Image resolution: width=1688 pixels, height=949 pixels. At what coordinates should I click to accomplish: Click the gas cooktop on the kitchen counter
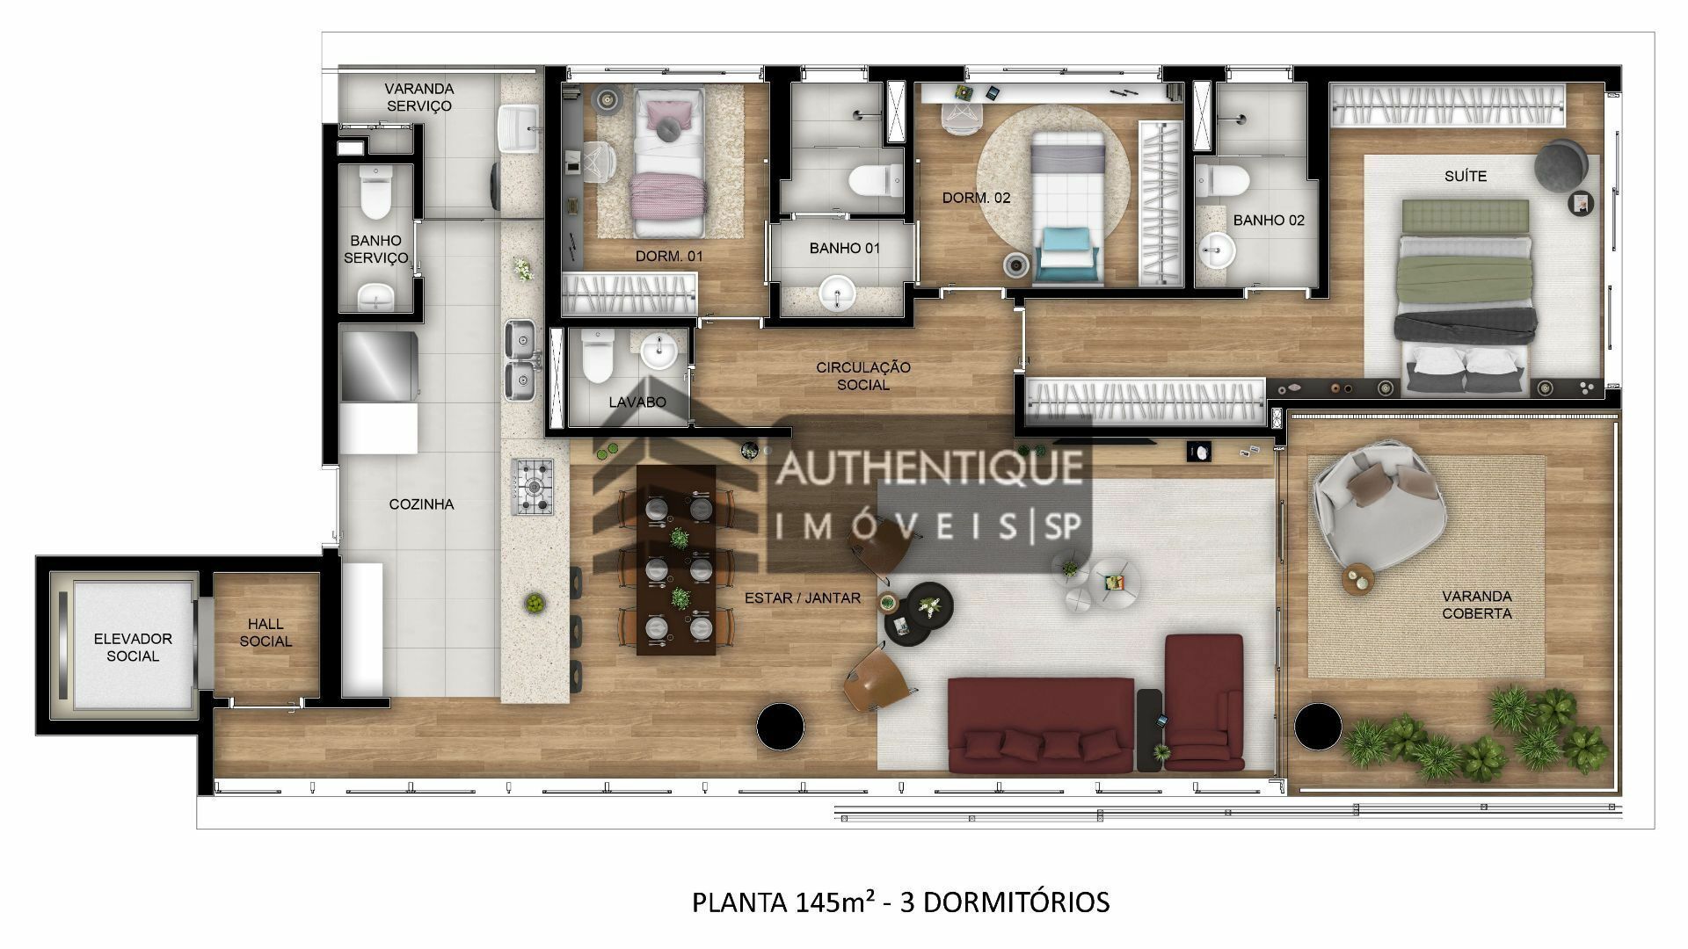point(533,486)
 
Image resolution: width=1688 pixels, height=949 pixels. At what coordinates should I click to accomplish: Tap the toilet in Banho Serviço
point(375,192)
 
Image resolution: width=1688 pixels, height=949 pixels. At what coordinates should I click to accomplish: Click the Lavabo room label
point(637,402)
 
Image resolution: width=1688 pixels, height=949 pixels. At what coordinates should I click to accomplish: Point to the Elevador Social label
point(133,648)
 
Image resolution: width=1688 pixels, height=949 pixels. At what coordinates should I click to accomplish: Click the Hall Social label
point(266,633)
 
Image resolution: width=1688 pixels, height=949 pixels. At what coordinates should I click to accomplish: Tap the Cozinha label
point(422,504)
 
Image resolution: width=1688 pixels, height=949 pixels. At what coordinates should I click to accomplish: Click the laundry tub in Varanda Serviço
point(520,129)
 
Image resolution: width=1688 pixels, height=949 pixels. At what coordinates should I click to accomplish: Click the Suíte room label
point(1466,176)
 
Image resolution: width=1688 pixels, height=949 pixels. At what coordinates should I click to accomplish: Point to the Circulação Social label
point(863,376)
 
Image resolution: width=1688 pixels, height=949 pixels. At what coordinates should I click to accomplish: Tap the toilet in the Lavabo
point(597,355)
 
